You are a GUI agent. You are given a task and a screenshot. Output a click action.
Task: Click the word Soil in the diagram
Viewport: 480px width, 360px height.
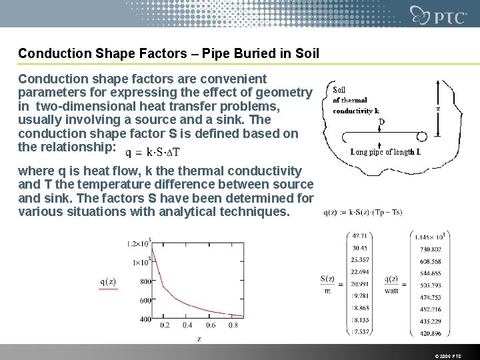339,91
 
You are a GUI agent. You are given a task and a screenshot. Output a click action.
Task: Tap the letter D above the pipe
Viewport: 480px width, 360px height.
381,122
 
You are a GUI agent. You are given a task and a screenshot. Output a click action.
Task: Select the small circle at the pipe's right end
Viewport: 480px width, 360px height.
423,137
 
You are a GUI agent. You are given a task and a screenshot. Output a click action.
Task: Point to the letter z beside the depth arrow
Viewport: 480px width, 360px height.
437,107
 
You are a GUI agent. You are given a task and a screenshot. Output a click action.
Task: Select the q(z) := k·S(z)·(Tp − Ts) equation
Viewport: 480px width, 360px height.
363,213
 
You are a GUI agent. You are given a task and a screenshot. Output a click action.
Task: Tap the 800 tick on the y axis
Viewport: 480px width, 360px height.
145,281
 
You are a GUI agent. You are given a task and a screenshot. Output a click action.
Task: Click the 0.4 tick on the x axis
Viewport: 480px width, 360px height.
187,326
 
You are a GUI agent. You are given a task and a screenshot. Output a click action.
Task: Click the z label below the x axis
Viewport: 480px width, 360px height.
199,339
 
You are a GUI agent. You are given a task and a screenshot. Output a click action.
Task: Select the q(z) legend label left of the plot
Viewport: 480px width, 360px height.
107,281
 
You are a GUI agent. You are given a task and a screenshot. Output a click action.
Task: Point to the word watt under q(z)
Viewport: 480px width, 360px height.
392,291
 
